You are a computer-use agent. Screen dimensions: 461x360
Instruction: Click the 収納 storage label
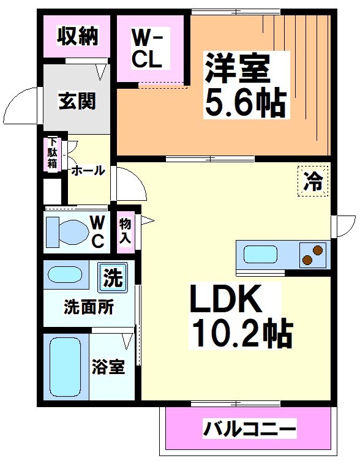(77, 37)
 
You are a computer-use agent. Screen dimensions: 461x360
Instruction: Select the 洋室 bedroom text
(237, 69)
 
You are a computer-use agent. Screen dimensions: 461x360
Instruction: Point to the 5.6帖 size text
(244, 103)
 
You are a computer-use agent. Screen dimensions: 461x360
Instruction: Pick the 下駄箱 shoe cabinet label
(53, 154)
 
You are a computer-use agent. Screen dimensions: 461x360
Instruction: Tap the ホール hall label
(88, 171)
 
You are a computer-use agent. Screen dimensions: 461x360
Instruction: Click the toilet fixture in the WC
(67, 231)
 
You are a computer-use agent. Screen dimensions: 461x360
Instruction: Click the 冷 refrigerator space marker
(313, 181)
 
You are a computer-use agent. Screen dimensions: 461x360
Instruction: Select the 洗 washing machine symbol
(112, 278)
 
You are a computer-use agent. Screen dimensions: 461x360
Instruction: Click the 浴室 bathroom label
(108, 367)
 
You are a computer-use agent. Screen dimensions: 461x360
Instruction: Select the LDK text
(226, 301)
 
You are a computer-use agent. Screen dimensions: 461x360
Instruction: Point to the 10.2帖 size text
(242, 334)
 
